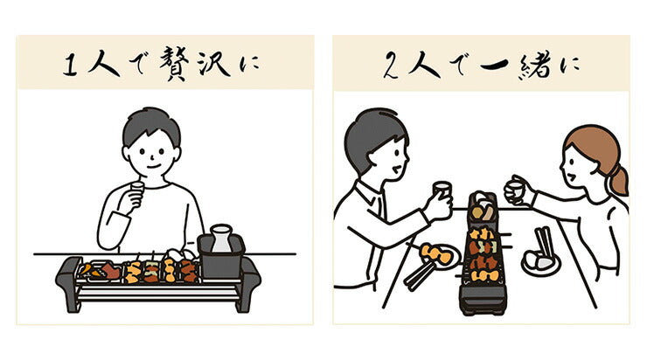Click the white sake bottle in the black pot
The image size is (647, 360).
[x=222, y=236]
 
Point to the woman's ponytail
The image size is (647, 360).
[x=620, y=179]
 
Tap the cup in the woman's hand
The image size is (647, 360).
[x=518, y=188]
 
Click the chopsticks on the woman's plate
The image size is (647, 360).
[x=544, y=244]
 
